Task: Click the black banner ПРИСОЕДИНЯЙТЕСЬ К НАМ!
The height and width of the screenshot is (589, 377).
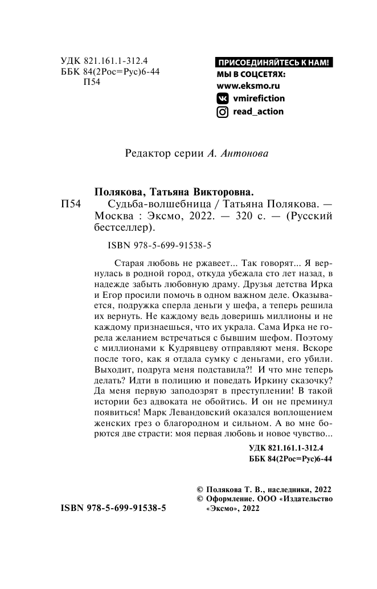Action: (273, 63)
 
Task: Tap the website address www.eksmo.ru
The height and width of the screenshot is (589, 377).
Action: (249, 86)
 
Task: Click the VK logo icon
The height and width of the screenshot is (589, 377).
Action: (223, 99)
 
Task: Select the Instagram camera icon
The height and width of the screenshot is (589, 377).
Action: (223, 112)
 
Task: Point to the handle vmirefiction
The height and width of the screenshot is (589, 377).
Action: (259, 99)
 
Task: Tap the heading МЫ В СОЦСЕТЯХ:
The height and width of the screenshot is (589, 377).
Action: (251, 75)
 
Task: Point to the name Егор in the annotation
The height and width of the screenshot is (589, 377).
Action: (112, 296)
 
